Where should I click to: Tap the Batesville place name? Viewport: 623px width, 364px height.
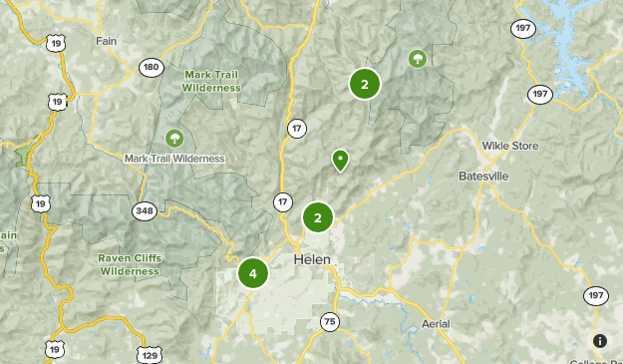click(x=483, y=176)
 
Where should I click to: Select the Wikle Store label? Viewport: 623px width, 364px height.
click(x=509, y=146)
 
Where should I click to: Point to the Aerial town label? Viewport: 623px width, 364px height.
click(x=436, y=324)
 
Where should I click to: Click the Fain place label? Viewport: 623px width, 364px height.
click(x=107, y=41)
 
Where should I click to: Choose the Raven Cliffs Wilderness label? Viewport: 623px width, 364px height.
click(x=129, y=264)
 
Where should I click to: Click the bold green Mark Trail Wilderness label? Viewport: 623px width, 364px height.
click(x=212, y=81)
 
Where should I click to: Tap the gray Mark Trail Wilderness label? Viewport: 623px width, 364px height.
click(x=174, y=158)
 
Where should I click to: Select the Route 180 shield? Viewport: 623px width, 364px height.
click(x=151, y=67)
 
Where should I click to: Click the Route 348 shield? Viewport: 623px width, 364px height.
click(x=146, y=209)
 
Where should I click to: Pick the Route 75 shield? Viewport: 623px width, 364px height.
click(x=330, y=321)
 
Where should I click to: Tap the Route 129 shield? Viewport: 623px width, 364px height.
click(x=149, y=355)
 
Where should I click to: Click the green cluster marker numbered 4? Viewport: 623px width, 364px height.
click(x=253, y=273)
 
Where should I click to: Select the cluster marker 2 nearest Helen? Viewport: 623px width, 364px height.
click(x=317, y=217)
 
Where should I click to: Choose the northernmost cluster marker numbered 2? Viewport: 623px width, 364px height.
click(x=365, y=85)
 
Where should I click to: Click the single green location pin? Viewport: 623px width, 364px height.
click(x=340, y=160)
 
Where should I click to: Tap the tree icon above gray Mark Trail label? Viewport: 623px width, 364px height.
click(x=174, y=137)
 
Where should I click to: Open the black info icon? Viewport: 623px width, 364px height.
click(x=600, y=341)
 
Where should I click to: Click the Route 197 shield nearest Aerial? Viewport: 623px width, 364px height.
click(x=596, y=295)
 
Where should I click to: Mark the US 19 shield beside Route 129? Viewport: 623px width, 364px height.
click(x=53, y=348)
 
